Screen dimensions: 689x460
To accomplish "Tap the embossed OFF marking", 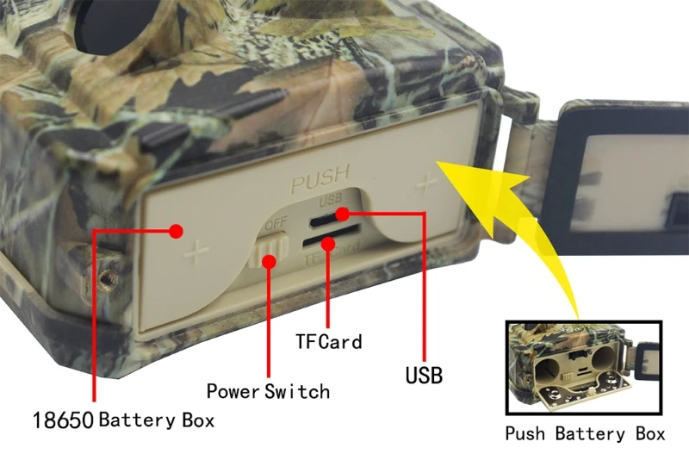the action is click(276, 224).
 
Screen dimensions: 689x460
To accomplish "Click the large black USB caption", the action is click(423, 375).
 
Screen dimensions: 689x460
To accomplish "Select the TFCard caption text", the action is click(328, 341).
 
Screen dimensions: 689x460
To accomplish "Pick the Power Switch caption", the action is click(268, 391).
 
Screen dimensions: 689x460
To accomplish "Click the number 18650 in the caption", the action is click(63, 421).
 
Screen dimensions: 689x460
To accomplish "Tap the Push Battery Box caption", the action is click(585, 433).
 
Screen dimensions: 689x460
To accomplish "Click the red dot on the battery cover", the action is click(177, 231).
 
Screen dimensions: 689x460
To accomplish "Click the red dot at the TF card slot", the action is click(327, 244).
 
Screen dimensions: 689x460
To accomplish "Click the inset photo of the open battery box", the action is click(584, 370).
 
